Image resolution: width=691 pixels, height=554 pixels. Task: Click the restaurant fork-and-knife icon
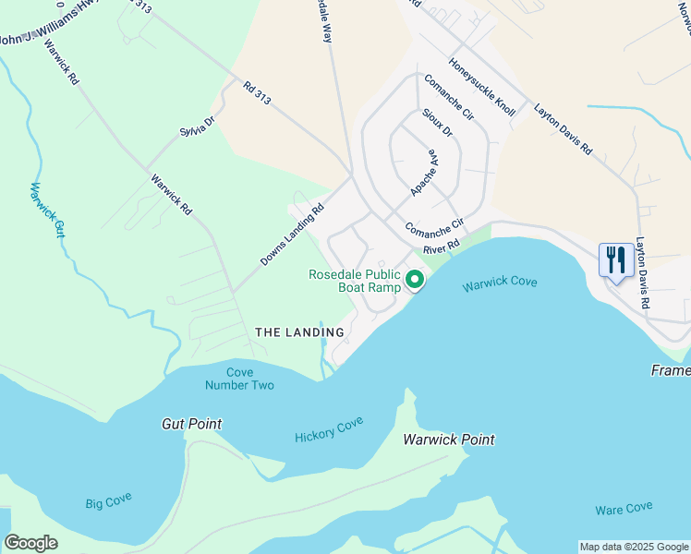coord(615,259)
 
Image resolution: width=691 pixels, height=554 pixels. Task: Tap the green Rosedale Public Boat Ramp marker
coord(415,279)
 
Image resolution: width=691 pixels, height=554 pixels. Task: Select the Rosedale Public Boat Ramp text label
coord(355,280)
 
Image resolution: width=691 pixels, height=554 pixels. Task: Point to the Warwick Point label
coord(448,440)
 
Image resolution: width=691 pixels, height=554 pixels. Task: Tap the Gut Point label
coord(191,424)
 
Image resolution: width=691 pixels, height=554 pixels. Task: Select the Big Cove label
coord(108,501)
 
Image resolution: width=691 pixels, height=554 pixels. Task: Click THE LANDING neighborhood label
coord(299,331)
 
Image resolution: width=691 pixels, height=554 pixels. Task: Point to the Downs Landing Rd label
coord(292,235)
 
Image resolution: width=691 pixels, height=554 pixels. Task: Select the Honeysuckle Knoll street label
coord(481,89)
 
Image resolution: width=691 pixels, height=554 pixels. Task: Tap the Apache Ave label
coord(424,173)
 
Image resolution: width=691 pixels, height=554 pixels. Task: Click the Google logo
coord(30,542)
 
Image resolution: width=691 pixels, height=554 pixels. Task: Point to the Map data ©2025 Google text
coord(634,547)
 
